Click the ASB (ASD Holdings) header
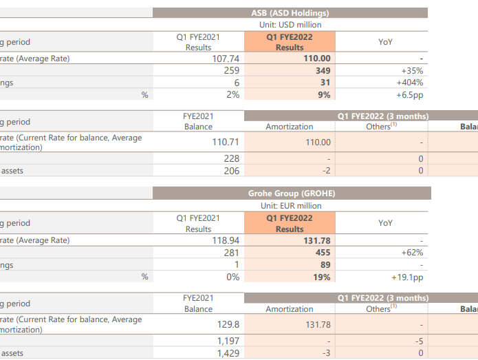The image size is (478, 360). (x=290, y=13)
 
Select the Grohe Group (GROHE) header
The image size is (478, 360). (x=290, y=193)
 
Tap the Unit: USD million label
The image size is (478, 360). (x=290, y=25)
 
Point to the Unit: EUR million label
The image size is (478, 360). (x=290, y=206)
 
